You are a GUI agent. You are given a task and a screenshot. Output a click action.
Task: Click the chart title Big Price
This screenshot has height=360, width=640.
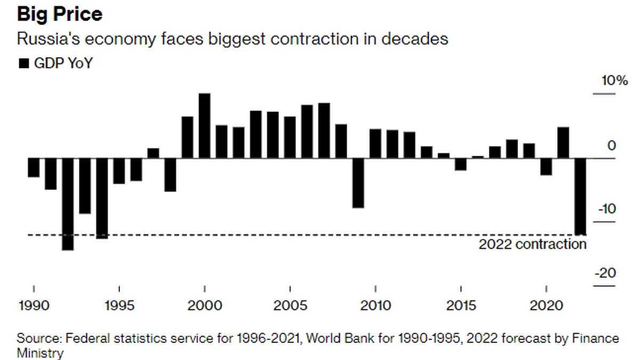click(59, 14)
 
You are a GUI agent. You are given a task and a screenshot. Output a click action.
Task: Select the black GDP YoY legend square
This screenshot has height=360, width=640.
click(23, 63)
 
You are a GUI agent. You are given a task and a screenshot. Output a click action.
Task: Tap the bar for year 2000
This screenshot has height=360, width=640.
click(205, 126)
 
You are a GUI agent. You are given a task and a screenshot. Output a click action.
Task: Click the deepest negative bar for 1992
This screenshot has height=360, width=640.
click(68, 204)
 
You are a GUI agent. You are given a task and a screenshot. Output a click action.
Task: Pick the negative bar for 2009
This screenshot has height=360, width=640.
click(358, 183)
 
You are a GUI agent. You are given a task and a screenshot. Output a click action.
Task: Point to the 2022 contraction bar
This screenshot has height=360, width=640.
click(580, 196)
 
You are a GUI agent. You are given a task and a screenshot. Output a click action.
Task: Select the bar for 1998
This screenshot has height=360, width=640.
click(170, 174)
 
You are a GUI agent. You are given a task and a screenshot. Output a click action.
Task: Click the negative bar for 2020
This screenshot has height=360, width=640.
click(546, 166)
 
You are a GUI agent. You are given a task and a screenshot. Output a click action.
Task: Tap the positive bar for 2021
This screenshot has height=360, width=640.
click(563, 142)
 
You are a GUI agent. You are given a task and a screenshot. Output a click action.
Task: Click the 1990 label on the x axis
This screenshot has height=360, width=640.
click(34, 306)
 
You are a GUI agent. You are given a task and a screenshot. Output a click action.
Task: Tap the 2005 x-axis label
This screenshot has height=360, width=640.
click(290, 306)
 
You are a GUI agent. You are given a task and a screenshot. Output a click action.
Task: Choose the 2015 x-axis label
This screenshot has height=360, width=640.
click(461, 306)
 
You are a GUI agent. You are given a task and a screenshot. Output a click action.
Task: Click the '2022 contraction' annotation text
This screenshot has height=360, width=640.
click(532, 244)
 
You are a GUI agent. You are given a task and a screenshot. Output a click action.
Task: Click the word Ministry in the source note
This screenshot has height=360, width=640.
click(40, 353)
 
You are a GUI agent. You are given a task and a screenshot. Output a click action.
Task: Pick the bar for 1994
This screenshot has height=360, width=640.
click(102, 198)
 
